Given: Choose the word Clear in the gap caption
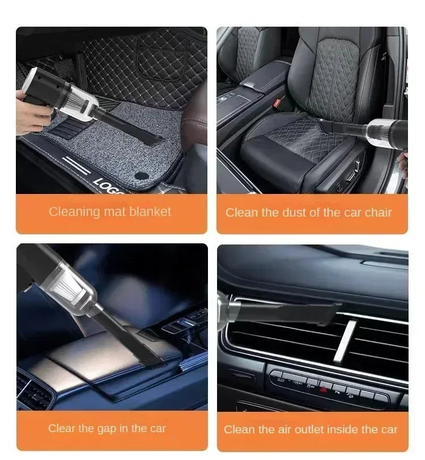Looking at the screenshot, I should (61, 428).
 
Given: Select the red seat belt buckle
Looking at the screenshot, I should (277, 103).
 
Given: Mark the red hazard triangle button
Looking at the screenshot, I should (323, 389).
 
